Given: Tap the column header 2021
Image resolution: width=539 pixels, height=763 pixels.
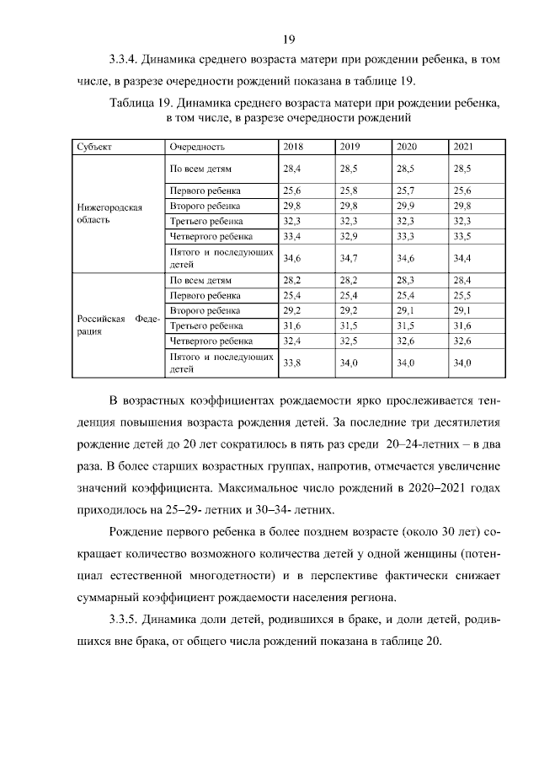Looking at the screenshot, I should click(463, 146).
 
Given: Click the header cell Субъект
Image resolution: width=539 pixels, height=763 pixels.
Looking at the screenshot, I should click(93, 146).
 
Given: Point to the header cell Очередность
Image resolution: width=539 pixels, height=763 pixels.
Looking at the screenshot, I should click(196, 146).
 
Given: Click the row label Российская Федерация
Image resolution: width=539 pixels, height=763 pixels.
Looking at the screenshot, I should click(106, 325).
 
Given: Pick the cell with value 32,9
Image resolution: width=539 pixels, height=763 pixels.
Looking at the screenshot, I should click(349, 235).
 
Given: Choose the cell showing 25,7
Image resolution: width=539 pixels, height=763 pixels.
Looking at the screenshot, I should click(406, 191).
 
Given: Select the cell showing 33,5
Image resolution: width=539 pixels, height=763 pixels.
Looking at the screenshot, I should click(463, 235).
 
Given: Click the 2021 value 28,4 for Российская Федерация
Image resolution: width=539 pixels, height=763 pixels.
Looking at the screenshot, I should click(463, 281).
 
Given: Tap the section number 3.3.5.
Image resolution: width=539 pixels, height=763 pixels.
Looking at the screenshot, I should click(125, 621).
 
